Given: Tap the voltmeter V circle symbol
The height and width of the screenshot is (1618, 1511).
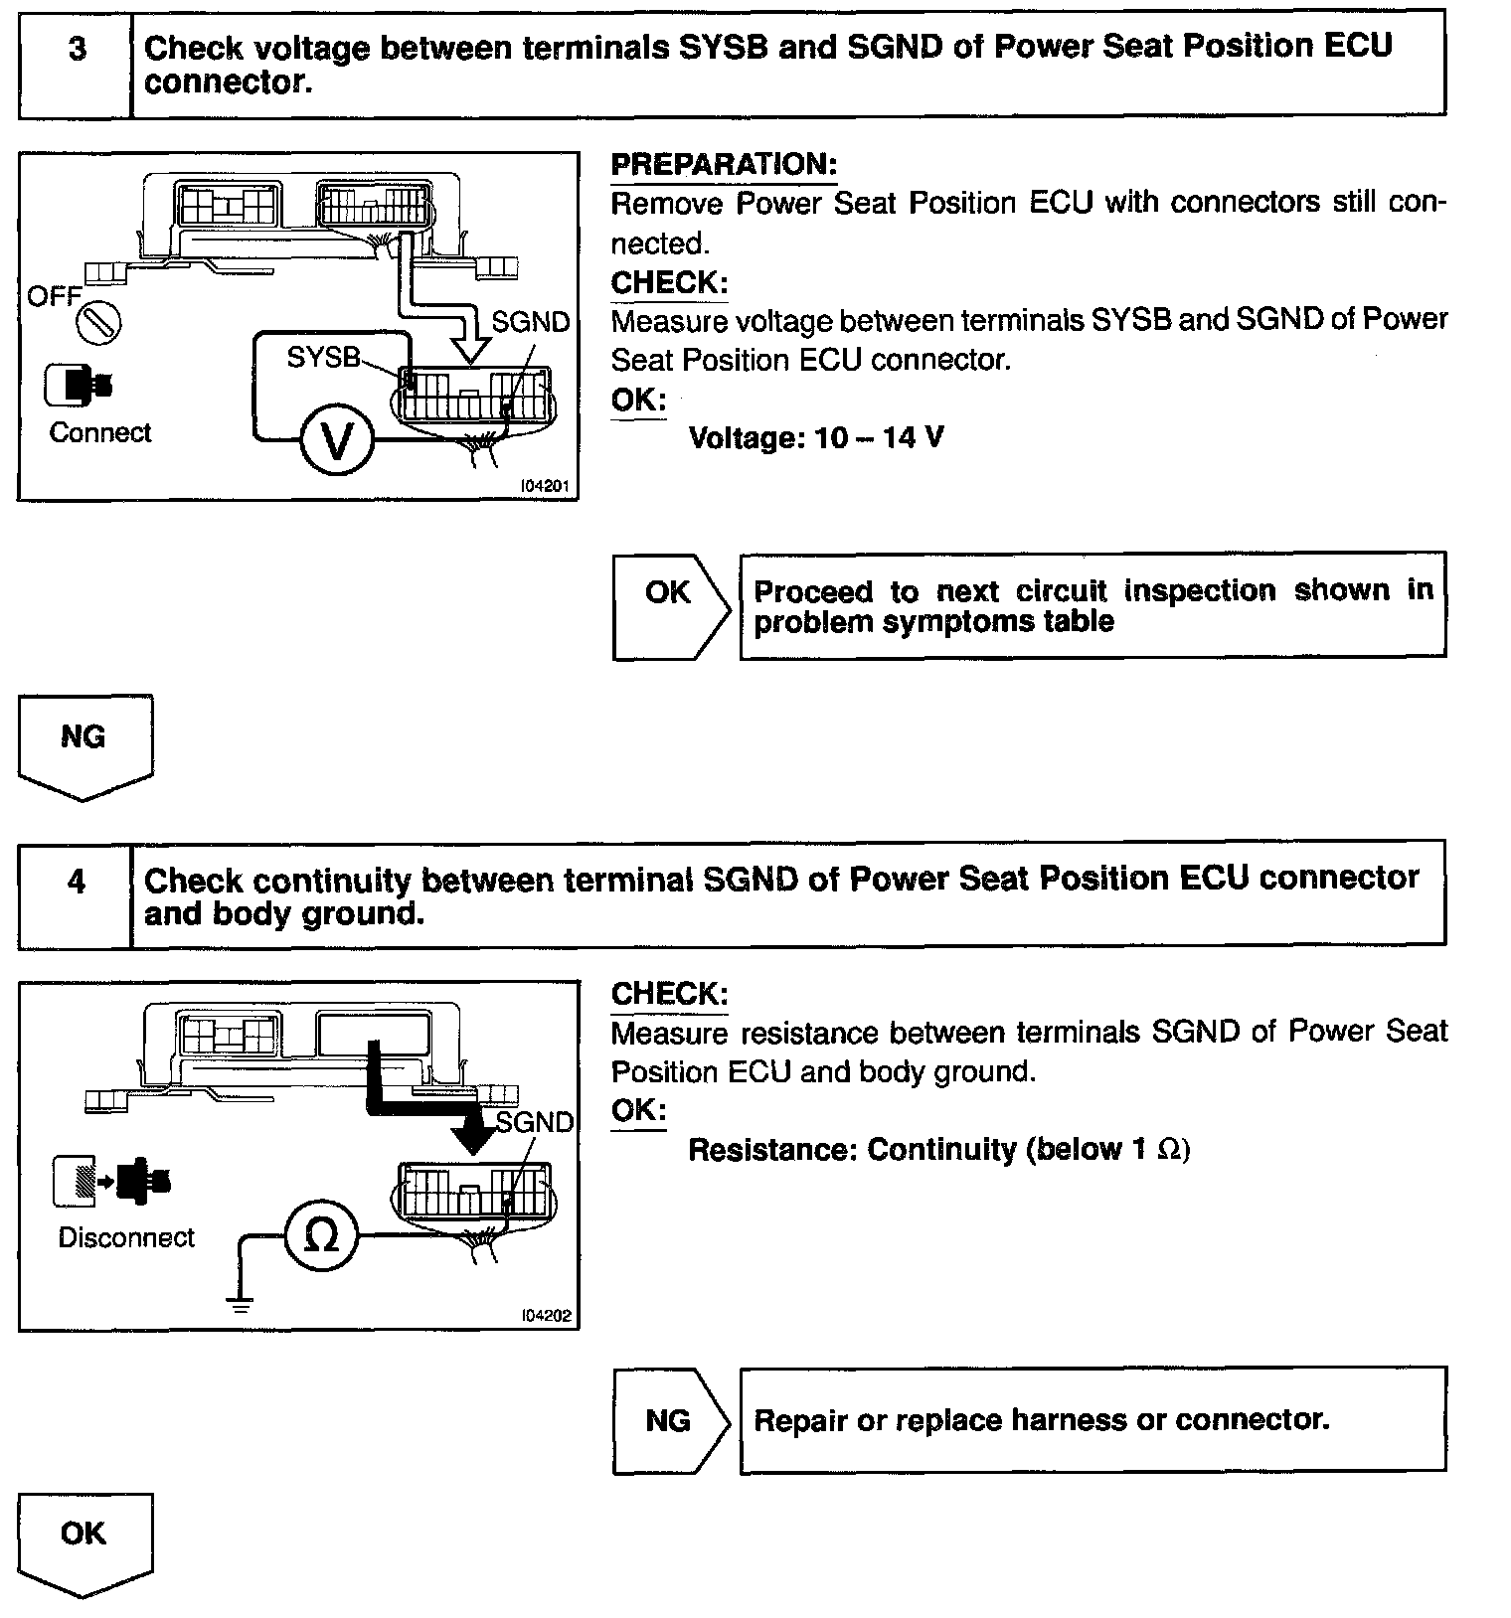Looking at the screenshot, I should pyautogui.click(x=337, y=442).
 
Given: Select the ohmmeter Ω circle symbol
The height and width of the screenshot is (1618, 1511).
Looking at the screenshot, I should pyautogui.click(x=320, y=1235).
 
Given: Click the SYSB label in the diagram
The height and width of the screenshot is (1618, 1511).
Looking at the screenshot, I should pyautogui.click(x=323, y=358).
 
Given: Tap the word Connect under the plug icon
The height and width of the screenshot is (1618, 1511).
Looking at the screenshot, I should pyautogui.click(x=100, y=433).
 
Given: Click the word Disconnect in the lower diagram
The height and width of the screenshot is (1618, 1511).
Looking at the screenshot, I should pyautogui.click(x=126, y=1237).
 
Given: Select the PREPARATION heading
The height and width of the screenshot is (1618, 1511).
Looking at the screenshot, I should pyautogui.click(x=724, y=165).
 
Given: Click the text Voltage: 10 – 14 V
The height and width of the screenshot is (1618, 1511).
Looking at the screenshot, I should pyautogui.click(x=816, y=437).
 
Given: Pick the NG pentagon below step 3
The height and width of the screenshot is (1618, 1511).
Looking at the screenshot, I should pyautogui.click(x=84, y=743).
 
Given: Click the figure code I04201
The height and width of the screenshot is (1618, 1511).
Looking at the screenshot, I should pyautogui.click(x=546, y=487).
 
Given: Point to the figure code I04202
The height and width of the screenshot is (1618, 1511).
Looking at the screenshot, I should pyautogui.click(x=546, y=1315).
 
